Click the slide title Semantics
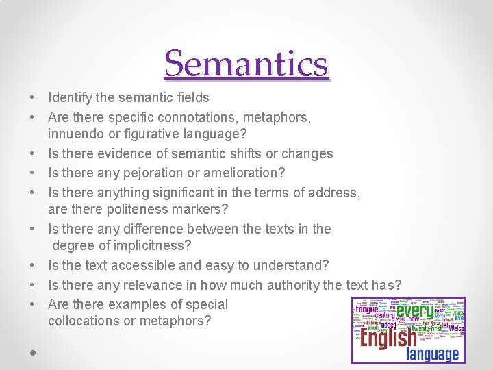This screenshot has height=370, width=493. point(246,64)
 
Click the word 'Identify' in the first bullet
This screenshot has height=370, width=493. point(71,97)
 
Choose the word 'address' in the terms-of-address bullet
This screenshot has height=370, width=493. point(336,193)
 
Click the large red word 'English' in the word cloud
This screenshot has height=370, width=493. point(388,338)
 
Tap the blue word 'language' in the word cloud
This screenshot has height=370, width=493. point(432,354)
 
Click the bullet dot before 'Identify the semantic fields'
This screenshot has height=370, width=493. point(33,98)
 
